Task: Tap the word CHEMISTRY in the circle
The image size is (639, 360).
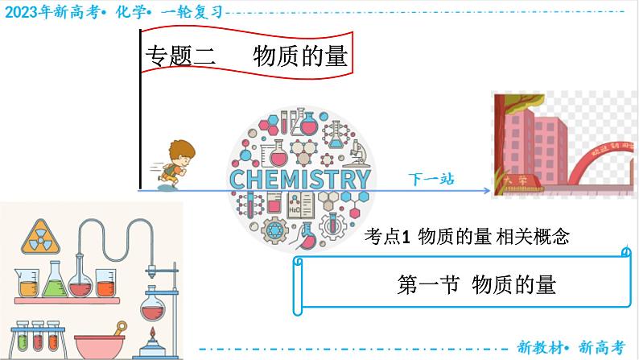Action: (x=300, y=179)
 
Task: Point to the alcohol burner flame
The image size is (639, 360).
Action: (x=152, y=333)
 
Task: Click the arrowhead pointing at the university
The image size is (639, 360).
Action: (x=485, y=191)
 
